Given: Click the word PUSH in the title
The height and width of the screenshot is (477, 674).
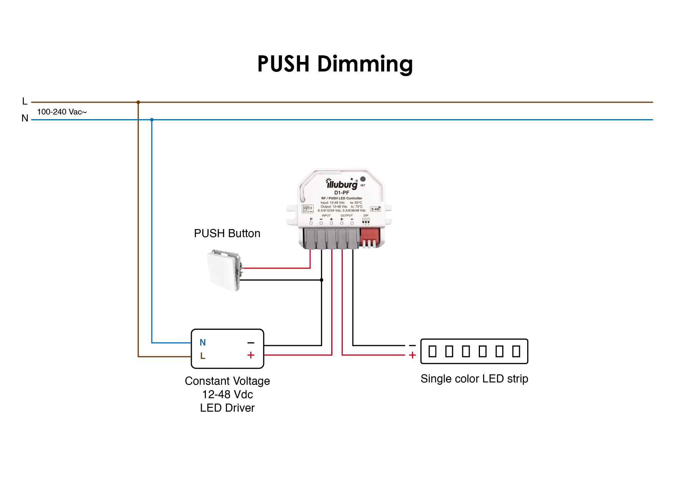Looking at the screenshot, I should tap(283, 64).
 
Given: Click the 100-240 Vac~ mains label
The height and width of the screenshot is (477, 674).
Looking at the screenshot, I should tap(62, 112).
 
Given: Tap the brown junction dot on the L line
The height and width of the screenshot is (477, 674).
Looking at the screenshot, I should tap(138, 102).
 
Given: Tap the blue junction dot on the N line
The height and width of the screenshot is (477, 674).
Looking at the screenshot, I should tap(152, 120).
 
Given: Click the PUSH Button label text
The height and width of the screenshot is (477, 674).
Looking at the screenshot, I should tap(227, 233).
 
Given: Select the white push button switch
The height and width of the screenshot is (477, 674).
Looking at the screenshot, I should tap(224, 271).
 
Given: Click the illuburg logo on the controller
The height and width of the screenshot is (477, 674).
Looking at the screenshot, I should tap(341, 184).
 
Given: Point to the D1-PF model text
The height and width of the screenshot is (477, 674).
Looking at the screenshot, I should tap(342, 193).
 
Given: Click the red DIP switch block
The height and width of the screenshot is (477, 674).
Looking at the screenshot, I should tap(370, 237).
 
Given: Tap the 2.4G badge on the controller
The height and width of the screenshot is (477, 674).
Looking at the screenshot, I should tap(375, 209).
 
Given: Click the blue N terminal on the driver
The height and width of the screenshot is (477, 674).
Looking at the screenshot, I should tap(203, 342).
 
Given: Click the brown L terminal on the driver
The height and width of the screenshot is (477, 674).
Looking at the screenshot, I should tap(203, 356).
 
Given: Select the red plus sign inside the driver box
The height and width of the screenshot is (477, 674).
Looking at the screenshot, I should tap(251, 355).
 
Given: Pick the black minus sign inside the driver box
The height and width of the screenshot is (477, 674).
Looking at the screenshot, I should tap(251, 342).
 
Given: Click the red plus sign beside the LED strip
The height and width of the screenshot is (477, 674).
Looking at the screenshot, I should tap(412, 355).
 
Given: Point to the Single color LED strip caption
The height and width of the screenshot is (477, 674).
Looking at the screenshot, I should tap(474, 379).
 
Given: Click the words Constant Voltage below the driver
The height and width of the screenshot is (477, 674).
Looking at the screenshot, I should tap(227, 381).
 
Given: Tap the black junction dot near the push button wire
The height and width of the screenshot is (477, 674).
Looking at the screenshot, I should tap(322, 280).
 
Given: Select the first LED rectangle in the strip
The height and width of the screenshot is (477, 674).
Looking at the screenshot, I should tap(432, 351).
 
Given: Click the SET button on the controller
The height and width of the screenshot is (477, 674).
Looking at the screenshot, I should tap(363, 179).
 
